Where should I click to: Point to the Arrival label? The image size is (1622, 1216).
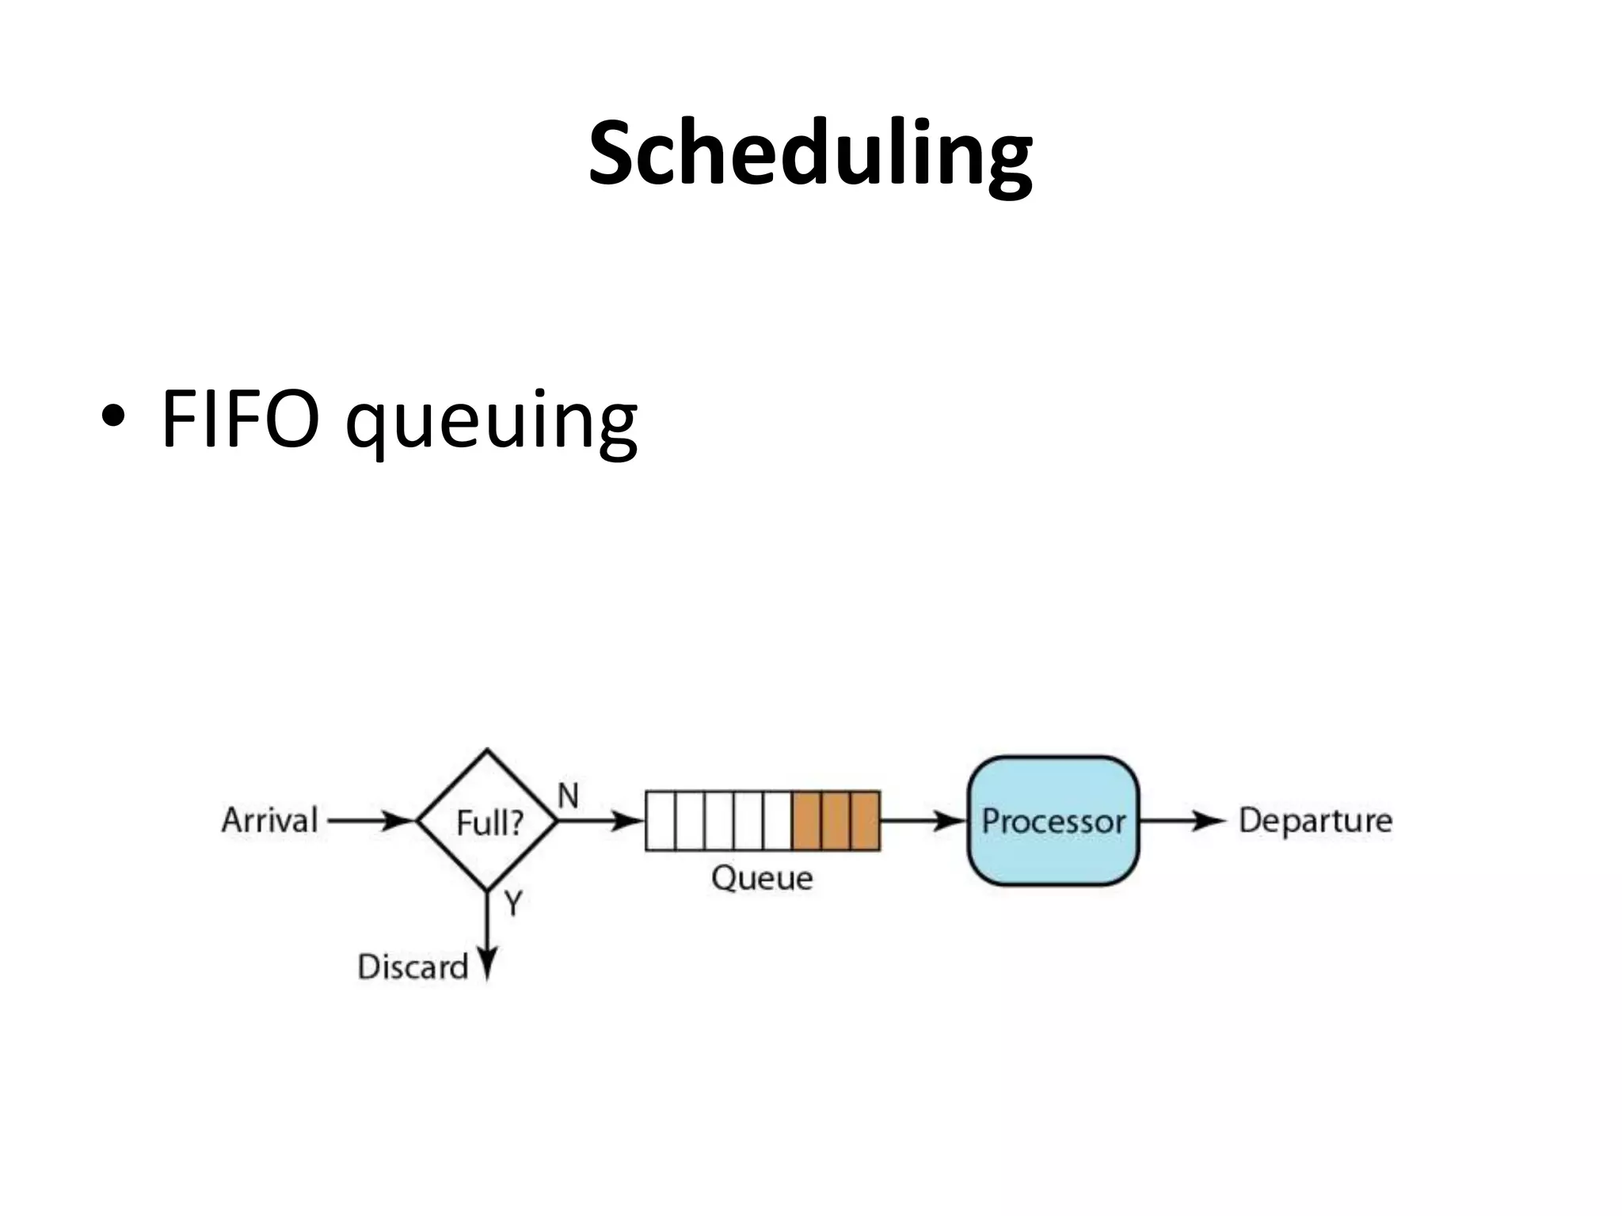(269, 820)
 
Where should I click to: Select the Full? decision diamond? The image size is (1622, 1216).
(488, 822)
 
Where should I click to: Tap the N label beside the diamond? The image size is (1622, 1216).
(568, 796)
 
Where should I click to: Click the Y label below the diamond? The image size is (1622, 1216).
(513, 902)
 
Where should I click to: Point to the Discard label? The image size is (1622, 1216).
(413, 967)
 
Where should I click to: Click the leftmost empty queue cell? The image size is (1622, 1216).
(661, 821)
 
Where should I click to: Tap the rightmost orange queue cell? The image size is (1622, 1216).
(865, 821)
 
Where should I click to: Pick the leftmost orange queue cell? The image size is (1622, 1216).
(807, 821)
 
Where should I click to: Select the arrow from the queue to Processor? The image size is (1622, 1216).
(923, 821)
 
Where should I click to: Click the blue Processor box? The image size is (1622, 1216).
(1053, 821)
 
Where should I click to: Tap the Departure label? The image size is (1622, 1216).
(1315, 821)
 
